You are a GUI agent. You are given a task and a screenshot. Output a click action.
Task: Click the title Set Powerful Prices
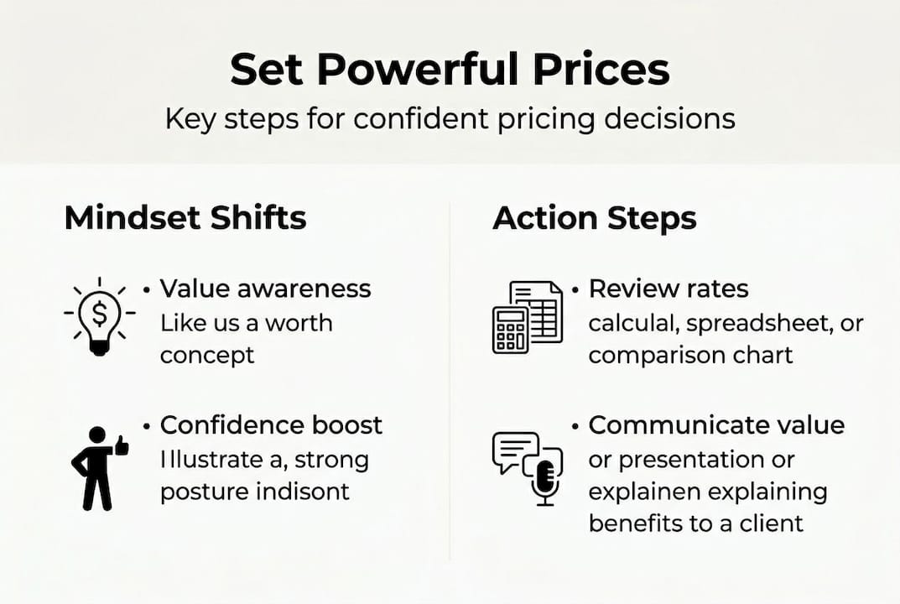450,70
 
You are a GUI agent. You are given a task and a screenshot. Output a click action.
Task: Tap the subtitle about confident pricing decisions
450,118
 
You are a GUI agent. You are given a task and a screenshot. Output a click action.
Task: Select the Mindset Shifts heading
185,218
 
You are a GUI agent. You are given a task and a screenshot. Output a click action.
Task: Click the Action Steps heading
594,218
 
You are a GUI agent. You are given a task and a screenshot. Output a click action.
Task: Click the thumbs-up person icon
99,468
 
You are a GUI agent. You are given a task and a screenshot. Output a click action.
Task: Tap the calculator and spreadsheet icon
527,317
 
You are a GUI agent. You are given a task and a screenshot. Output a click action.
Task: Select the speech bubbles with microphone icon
526,468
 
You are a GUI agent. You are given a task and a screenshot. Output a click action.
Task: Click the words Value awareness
265,289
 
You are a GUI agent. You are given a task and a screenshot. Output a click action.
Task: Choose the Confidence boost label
271,424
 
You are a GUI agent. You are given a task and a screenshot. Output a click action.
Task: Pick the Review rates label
668,289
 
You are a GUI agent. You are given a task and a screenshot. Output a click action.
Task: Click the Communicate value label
716,424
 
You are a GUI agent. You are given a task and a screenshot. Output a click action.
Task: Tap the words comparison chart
690,355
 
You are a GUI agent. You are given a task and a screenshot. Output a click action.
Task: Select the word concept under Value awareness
206,355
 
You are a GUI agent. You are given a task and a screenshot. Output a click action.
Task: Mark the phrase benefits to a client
696,523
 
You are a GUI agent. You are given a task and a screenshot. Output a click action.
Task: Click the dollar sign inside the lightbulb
100,314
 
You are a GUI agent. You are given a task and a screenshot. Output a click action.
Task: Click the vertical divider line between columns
450,377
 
